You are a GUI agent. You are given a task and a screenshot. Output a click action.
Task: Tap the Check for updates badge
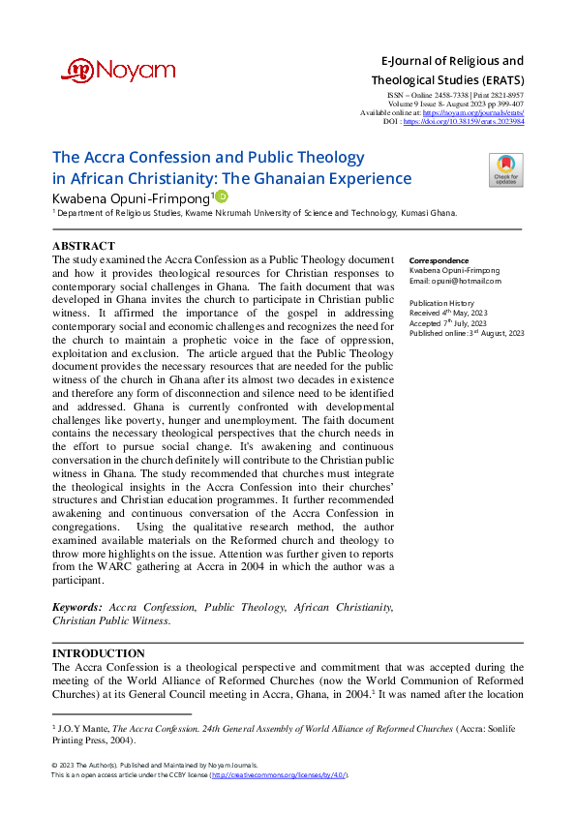point(504,169)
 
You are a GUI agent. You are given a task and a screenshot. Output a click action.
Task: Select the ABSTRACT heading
point(84,247)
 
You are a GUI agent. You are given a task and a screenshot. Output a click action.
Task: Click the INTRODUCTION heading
point(98,653)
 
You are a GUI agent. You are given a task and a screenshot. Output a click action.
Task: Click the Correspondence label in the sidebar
point(440,261)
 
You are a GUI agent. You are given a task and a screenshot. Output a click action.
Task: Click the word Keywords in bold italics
point(77,607)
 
